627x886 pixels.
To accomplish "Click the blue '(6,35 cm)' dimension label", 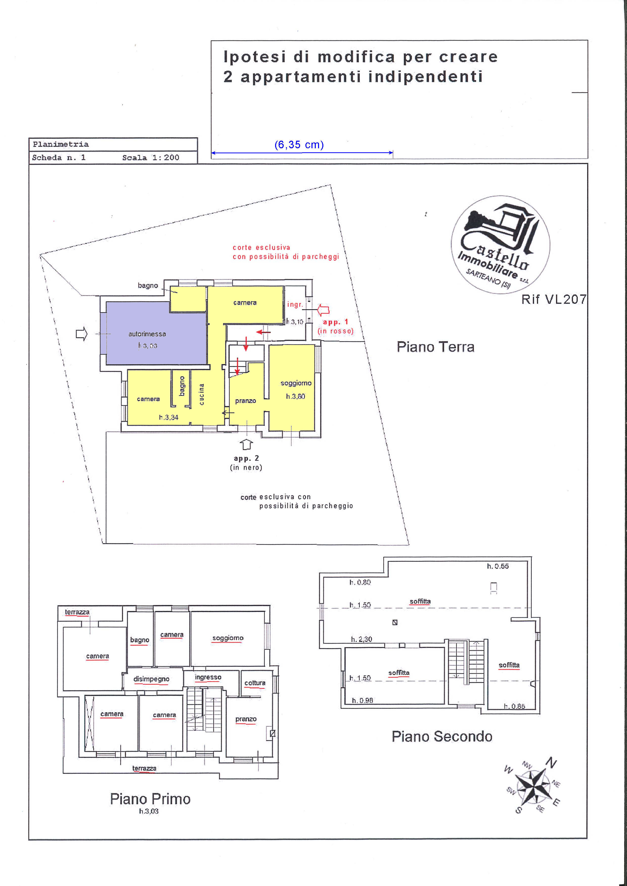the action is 299,145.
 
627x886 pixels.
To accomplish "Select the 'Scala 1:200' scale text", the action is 151,157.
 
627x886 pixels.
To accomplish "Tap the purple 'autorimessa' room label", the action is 147,334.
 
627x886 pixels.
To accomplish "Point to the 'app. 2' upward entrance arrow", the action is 247,444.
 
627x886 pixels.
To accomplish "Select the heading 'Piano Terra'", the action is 435,347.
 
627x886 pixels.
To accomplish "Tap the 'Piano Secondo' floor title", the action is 442,737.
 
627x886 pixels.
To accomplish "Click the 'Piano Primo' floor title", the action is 150,799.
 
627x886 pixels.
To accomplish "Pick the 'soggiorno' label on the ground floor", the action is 296,383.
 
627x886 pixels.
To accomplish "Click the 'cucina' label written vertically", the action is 201,394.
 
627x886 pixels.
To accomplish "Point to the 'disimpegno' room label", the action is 151,679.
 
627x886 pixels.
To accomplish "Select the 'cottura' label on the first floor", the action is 255,683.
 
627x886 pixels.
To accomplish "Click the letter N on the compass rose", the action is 551,762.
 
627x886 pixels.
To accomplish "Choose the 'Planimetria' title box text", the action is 61,144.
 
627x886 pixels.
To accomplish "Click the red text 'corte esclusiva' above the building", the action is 261,247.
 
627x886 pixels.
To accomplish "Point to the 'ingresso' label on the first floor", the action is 208,677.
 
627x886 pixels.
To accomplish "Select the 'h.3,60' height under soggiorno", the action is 296,396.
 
